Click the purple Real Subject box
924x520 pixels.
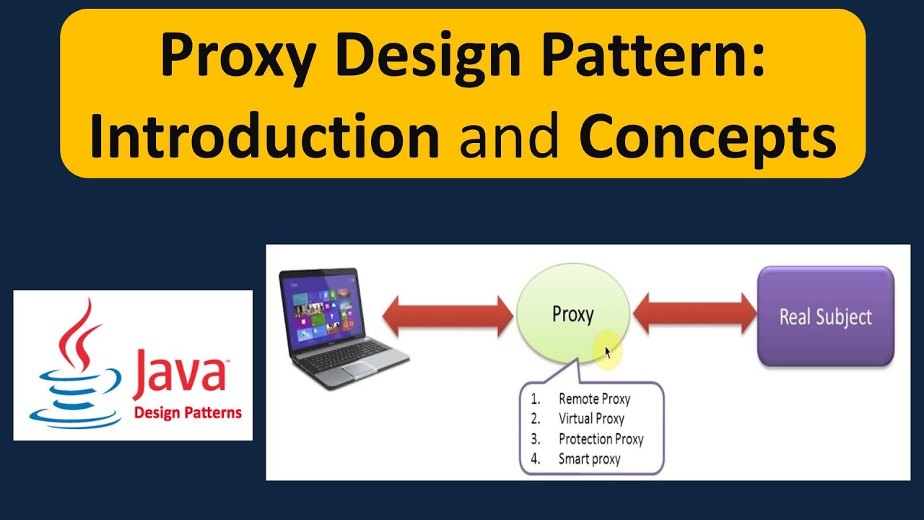tap(825, 316)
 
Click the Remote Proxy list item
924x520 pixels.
tap(593, 399)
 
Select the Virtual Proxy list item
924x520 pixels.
tap(590, 419)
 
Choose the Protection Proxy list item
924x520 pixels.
tap(600, 439)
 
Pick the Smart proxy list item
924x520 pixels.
tap(589, 459)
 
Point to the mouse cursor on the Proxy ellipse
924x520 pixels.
tap(608, 352)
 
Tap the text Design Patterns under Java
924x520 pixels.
tap(188, 414)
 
